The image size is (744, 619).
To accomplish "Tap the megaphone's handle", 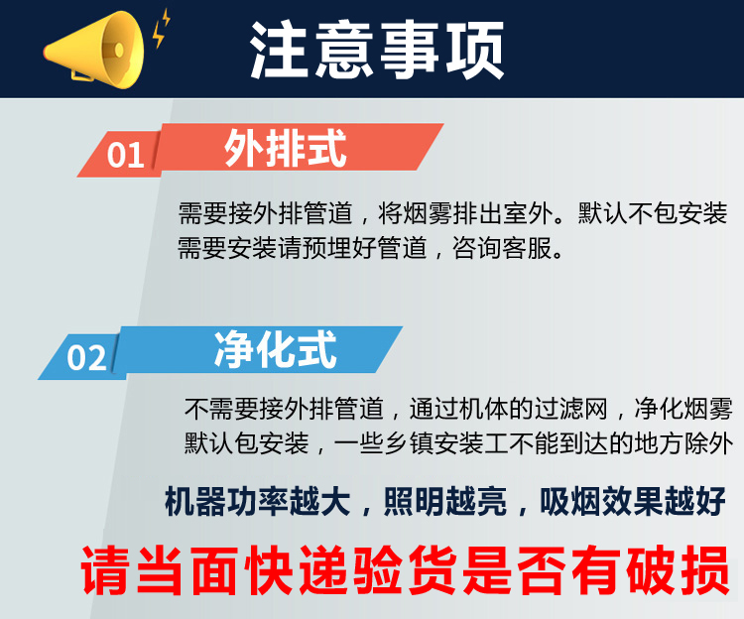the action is click(x=81, y=74).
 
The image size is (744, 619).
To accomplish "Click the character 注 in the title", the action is click(x=279, y=50).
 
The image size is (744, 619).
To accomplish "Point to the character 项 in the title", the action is click(x=473, y=50).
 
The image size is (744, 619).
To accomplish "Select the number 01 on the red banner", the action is click(x=125, y=155).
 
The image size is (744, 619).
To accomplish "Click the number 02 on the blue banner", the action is click(x=86, y=357).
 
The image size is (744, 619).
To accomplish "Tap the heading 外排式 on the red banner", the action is click(x=285, y=148).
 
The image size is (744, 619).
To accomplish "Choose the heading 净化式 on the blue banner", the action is click(x=276, y=350).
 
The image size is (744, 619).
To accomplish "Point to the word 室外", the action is click(x=528, y=213).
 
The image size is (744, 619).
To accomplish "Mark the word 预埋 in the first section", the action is click(x=326, y=248).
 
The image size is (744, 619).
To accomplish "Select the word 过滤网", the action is click(x=571, y=409).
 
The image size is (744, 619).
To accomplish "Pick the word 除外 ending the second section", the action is click(x=708, y=443).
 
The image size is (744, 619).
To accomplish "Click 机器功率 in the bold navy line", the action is click(x=226, y=501).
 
